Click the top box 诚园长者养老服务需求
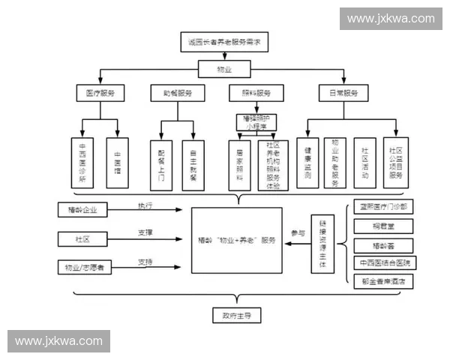tap(224, 42)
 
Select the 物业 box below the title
tap(224, 70)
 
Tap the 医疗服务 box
tap(100, 94)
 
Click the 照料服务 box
tap(256, 94)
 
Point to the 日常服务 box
tap(343, 94)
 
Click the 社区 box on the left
tap(82, 239)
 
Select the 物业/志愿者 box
tap(85, 267)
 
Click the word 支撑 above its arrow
tap(145, 233)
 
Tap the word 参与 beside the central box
tap(298, 233)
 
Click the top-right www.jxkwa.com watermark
tap(390, 18)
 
